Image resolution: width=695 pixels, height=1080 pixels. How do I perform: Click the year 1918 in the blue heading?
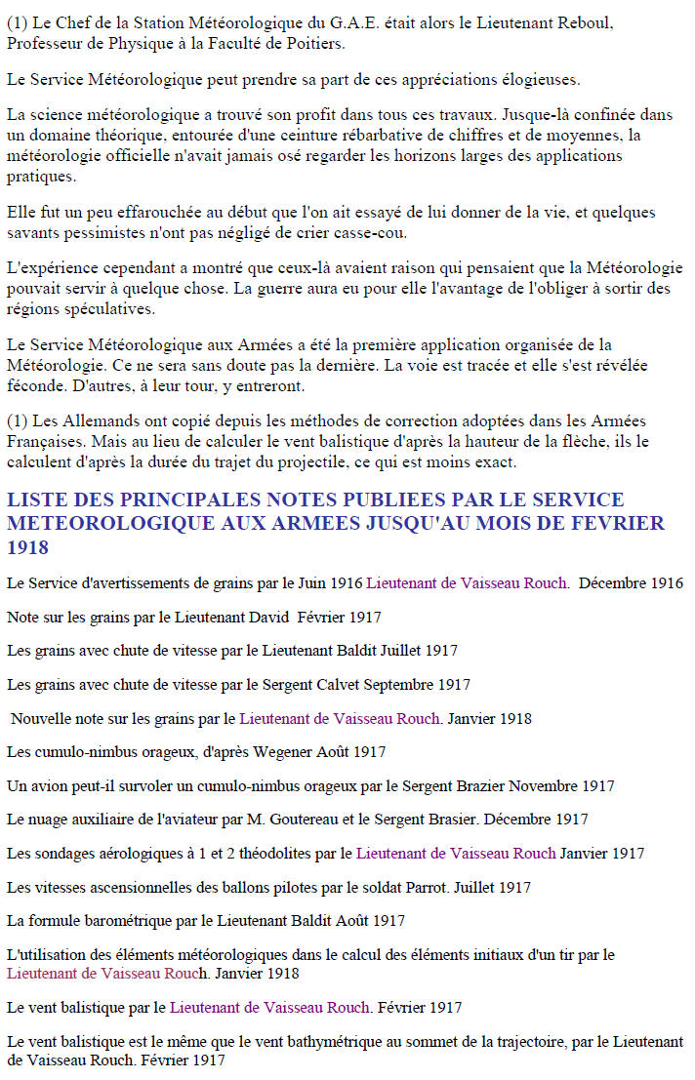pyautogui.click(x=27, y=548)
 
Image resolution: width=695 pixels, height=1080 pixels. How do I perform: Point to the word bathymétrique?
pyautogui.click(x=344, y=1042)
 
